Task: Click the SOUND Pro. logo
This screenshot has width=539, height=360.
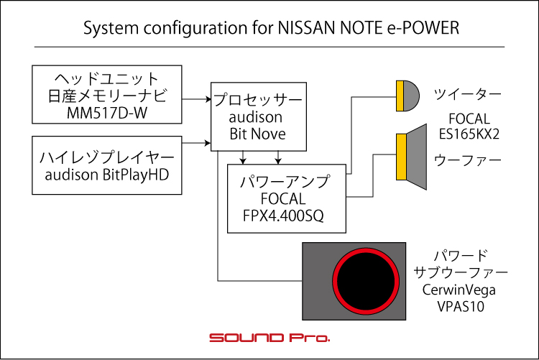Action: coord(269,338)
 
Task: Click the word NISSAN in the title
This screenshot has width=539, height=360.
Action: coord(307,28)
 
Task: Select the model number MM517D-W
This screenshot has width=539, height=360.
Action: coord(107,113)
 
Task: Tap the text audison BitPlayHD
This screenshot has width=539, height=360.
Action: coord(107,175)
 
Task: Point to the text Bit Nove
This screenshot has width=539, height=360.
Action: coord(258,134)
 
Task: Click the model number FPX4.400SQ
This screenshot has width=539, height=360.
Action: coord(283,216)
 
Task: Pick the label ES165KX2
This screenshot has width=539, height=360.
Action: coord(469,134)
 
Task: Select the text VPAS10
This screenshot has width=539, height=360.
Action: coord(461,306)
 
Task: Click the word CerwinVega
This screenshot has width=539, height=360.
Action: coord(459,290)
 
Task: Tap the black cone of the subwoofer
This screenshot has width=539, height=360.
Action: coord(366,281)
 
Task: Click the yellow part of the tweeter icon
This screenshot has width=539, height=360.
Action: coord(400,96)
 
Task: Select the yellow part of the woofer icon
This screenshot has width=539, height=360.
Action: coord(401,157)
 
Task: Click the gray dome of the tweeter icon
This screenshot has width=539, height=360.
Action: coord(411,96)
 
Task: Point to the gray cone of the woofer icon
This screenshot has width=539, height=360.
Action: coord(417,157)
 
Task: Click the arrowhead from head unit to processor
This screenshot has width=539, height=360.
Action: coord(208,99)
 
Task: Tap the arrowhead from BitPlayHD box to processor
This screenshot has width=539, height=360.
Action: coord(208,143)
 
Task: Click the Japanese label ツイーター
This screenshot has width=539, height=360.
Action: coord(468,94)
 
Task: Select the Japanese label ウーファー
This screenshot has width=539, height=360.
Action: coord(468,160)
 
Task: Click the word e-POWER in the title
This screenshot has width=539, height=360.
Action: coord(423,28)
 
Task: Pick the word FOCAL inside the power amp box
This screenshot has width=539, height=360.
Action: coord(283,199)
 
